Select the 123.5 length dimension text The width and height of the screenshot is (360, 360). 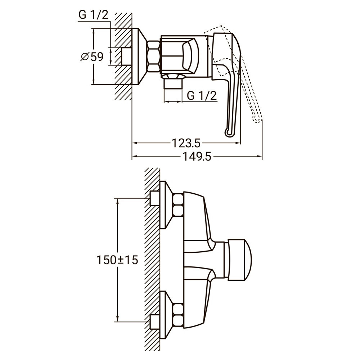186,143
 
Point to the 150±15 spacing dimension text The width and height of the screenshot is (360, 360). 117,260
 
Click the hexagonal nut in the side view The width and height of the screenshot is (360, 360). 153,57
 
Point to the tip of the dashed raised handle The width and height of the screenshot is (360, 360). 257,120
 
